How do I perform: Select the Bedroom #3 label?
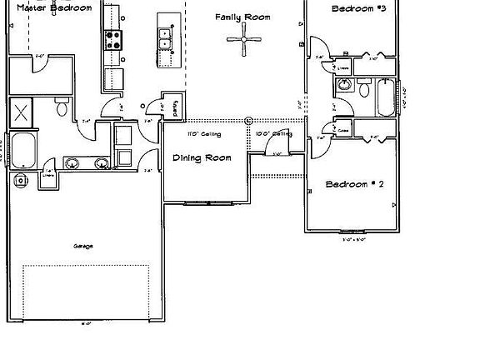click(358, 8)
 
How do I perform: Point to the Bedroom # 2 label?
click(354, 184)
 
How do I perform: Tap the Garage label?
click(82, 246)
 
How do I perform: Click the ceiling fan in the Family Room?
click(246, 40)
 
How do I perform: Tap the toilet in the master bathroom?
click(62, 107)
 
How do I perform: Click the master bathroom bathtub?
click(22, 151)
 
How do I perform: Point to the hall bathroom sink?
click(344, 84)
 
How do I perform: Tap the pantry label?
click(176, 108)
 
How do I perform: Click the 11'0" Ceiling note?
click(203, 133)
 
